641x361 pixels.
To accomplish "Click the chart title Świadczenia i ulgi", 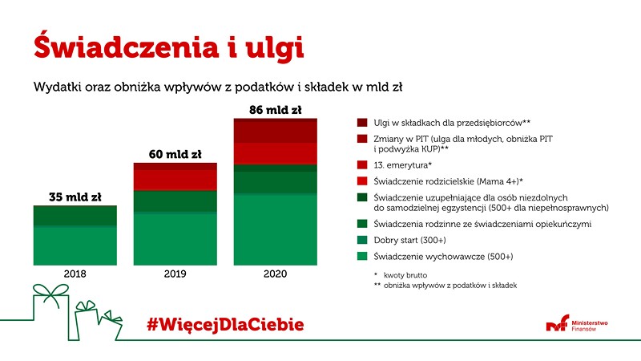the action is point(168,47).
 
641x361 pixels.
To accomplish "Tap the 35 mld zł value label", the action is point(75,197).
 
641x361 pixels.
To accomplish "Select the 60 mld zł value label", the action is point(175,154).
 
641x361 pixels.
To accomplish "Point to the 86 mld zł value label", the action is point(275,110).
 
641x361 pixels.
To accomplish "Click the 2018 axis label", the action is point(75,274).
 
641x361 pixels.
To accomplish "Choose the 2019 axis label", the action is point(175,274).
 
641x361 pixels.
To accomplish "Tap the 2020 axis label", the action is point(275,274).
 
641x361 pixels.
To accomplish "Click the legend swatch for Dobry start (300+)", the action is point(362,240).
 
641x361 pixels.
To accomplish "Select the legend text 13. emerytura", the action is point(403,165).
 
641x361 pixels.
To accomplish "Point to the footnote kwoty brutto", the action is point(405,275).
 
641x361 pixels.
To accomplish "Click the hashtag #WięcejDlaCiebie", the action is point(225,325).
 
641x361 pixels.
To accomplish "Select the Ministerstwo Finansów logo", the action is point(577,323).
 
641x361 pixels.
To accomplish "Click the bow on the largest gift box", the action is point(51,293).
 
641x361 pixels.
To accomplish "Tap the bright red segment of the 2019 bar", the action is point(175,180).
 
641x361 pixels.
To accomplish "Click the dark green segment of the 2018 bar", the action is point(75,215).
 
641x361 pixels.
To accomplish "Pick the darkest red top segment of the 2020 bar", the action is point(275,131).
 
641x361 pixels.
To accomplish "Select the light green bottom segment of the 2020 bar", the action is point(275,230).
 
